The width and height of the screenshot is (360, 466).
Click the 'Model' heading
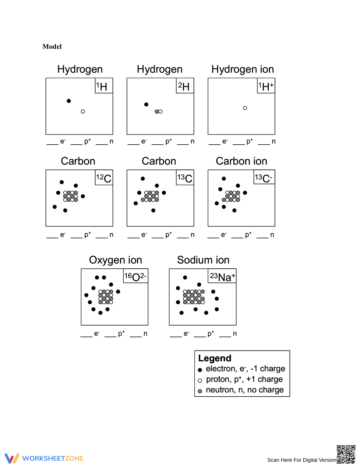tap(52, 46)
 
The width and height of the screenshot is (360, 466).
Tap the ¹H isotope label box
tap(104, 85)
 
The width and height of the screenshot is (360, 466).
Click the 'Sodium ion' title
tap(203, 260)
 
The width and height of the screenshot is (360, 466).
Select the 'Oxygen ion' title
tap(115, 260)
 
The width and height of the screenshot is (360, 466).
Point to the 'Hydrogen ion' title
tap(243, 69)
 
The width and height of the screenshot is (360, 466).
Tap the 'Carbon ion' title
tap(242, 161)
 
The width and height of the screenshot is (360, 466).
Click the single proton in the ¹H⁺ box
tap(245, 108)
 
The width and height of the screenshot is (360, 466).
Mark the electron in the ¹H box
tap(69, 101)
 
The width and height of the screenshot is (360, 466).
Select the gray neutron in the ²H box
tap(157, 112)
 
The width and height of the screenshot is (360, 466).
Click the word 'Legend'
tap(215, 358)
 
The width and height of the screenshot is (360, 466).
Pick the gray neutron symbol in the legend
tap(200, 391)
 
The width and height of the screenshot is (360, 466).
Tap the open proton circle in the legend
tap(200, 381)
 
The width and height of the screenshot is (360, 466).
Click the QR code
tap(346, 454)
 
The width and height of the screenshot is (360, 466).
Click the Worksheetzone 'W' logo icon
tap(12, 458)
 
